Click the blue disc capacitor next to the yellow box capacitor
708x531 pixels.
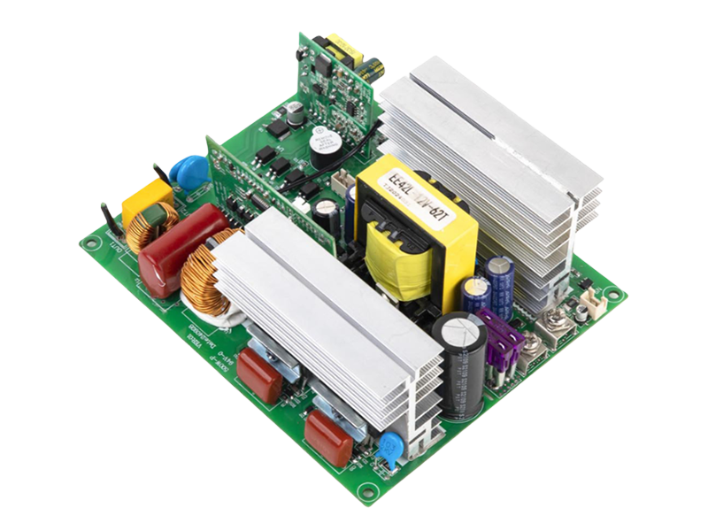click(x=188, y=170)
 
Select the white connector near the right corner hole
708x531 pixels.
click(x=583, y=310)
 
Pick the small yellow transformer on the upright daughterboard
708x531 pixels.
click(x=338, y=47)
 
